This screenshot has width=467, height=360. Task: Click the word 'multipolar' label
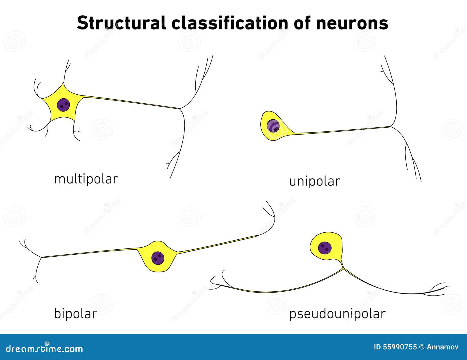coord(86,179)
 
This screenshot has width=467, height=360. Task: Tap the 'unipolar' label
coord(314,181)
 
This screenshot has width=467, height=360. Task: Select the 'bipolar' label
coord(75,314)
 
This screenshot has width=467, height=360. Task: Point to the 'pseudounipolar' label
coord(337,314)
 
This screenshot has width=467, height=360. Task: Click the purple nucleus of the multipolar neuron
coord(63,105)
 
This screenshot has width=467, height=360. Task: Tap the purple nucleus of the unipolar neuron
coord(273,126)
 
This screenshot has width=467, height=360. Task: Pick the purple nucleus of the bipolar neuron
coord(158,258)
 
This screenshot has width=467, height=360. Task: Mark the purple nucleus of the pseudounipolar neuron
coord(325,248)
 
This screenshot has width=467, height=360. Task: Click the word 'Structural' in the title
coord(121,23)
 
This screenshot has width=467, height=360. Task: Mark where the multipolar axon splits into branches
coord(180,109)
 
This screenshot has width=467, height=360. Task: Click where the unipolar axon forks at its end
coord(391,127)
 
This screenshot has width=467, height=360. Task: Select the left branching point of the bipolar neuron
coord(41,257)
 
